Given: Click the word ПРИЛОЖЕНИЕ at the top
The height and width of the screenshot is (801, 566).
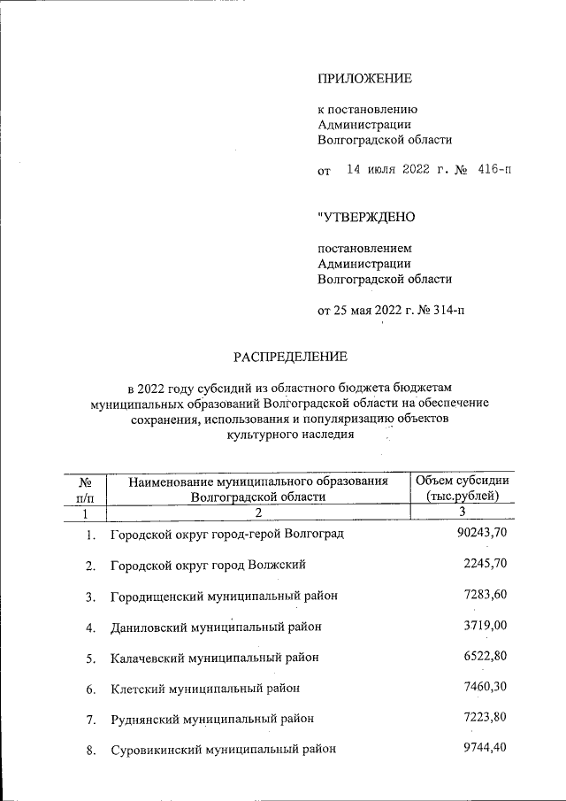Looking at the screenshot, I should point(364,79).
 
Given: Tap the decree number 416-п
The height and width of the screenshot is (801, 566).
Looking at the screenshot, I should point(493,169).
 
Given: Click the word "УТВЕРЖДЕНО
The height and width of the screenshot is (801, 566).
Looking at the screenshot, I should point(366,216).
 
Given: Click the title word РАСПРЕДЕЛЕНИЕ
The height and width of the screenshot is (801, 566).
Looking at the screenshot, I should point(291,357).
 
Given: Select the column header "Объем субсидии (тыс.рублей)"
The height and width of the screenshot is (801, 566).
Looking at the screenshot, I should point(463,488).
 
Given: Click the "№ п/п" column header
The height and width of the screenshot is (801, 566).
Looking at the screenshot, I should point(87,488).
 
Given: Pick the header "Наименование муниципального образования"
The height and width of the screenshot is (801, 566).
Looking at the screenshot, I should point(258,481).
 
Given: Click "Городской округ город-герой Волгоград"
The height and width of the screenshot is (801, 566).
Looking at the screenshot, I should point(226,535).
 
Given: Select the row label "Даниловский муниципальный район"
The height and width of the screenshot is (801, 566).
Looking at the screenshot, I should point(215,628).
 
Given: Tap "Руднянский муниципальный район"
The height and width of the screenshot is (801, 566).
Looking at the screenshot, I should point(212,719).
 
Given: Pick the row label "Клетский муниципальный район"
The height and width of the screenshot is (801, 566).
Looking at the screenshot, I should point(205,689).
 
